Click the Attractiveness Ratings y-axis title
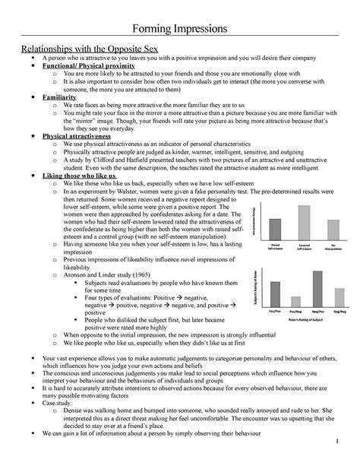pyautogui.click(x=252, y=220)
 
